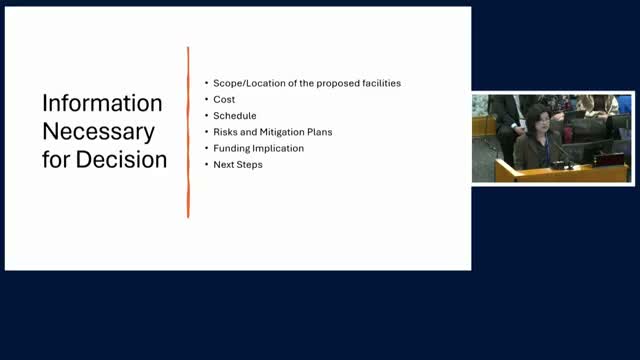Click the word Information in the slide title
pos(102,104)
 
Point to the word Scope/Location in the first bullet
pos(247,83)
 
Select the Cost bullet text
pos(224,99)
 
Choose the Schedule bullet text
pos(235,115)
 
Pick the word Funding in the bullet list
pos(232,148)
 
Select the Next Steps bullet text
pos(238,164)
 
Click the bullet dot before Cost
pos(206,99)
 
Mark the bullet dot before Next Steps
pos(206,164)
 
